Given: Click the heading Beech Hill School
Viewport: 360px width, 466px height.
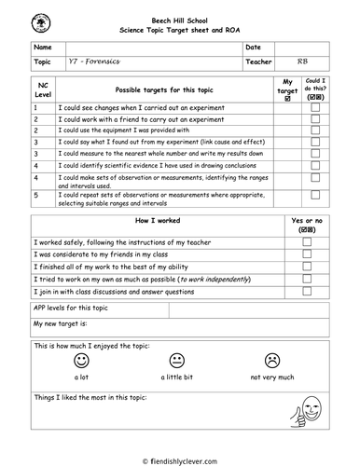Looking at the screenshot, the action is click(180, 18).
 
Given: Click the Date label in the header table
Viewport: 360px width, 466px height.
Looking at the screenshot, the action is click(254, 46).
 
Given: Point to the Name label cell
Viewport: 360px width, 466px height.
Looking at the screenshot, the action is click(43, 46).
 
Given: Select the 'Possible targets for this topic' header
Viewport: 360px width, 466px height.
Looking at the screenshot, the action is click(164, 89).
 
